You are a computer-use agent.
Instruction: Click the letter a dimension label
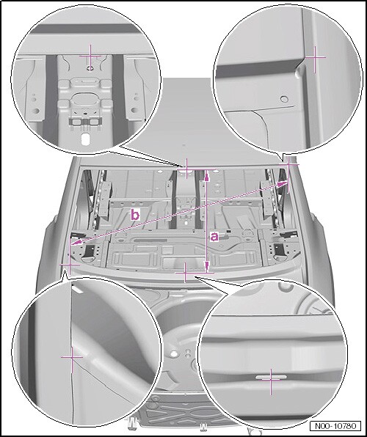point(214,237)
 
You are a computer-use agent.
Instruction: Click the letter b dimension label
point(135,215)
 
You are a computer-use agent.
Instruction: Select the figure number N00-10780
point(335,426)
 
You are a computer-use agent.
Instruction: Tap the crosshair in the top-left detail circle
point(90,56)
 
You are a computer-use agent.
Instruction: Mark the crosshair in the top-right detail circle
point(315,58)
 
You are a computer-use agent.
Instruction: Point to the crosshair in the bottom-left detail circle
point(72,356)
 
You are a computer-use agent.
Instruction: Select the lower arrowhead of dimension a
point(207,267)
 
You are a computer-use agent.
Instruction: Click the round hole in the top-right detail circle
point(284,99)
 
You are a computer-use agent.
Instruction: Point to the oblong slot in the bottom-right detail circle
point(271,377)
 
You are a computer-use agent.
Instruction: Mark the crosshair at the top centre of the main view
point(186,169)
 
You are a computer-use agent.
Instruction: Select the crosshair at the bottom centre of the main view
point(185,273)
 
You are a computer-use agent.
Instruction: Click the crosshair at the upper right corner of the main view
point(289,164)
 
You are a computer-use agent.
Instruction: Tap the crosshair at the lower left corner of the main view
point(70,264)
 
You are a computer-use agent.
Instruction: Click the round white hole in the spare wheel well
point(174,353)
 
